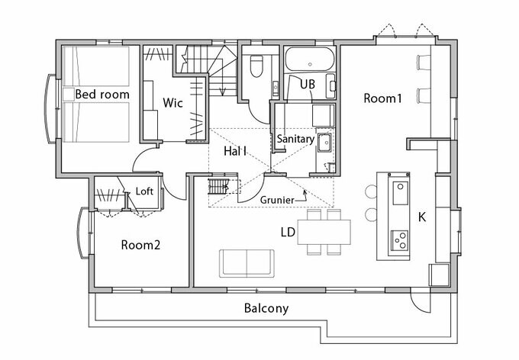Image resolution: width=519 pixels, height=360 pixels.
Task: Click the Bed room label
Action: pyautogui.click(x=102, y=95)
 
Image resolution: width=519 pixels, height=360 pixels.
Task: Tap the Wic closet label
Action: pyautogui.click(x=172, y=102)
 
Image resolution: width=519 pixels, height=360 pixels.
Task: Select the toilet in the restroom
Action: pyautogui.click(x=256, y=66)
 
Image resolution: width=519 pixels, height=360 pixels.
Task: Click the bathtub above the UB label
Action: pyautogui.click(x=309, y=59)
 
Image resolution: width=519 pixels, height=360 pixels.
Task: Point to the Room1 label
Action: pyautogui.click(x=382, y=98)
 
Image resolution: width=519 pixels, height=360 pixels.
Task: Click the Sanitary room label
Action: pyautogui.click(x=295, y=139)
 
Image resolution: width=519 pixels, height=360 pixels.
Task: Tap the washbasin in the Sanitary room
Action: pyautogui.click(x=324, y=143)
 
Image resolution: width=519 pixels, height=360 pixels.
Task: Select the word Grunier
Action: pyautogui.click(x=277, y=200)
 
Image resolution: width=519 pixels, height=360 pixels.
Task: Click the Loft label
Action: pyautogui.click(x=144, y=191)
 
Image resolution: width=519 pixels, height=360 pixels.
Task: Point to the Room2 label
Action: pyautogui.click(x=140, y=245)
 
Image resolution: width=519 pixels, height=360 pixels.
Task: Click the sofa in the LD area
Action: pyautogui.click(x=247, y=263)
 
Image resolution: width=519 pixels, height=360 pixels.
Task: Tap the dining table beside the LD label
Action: pyautogui.click(x=324, y=232)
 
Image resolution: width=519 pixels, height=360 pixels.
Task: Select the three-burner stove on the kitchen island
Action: pyautogui.click(x=400, y=240)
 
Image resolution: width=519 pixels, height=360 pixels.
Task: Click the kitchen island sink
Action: pyautogui.click(x=401, y=193)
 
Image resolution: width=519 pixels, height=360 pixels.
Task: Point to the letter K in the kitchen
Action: pyautogui.click(x=422, y=217)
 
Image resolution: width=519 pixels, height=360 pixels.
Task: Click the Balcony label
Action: pyautogui.click(x=266, y=308)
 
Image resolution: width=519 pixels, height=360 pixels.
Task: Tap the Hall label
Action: pyautogui.click(x=235, y=151)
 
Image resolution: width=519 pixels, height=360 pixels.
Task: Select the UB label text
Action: pyautogui.click(x=308, y=85)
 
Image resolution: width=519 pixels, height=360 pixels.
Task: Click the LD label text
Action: pyautogui.click(x=288, y=233)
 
